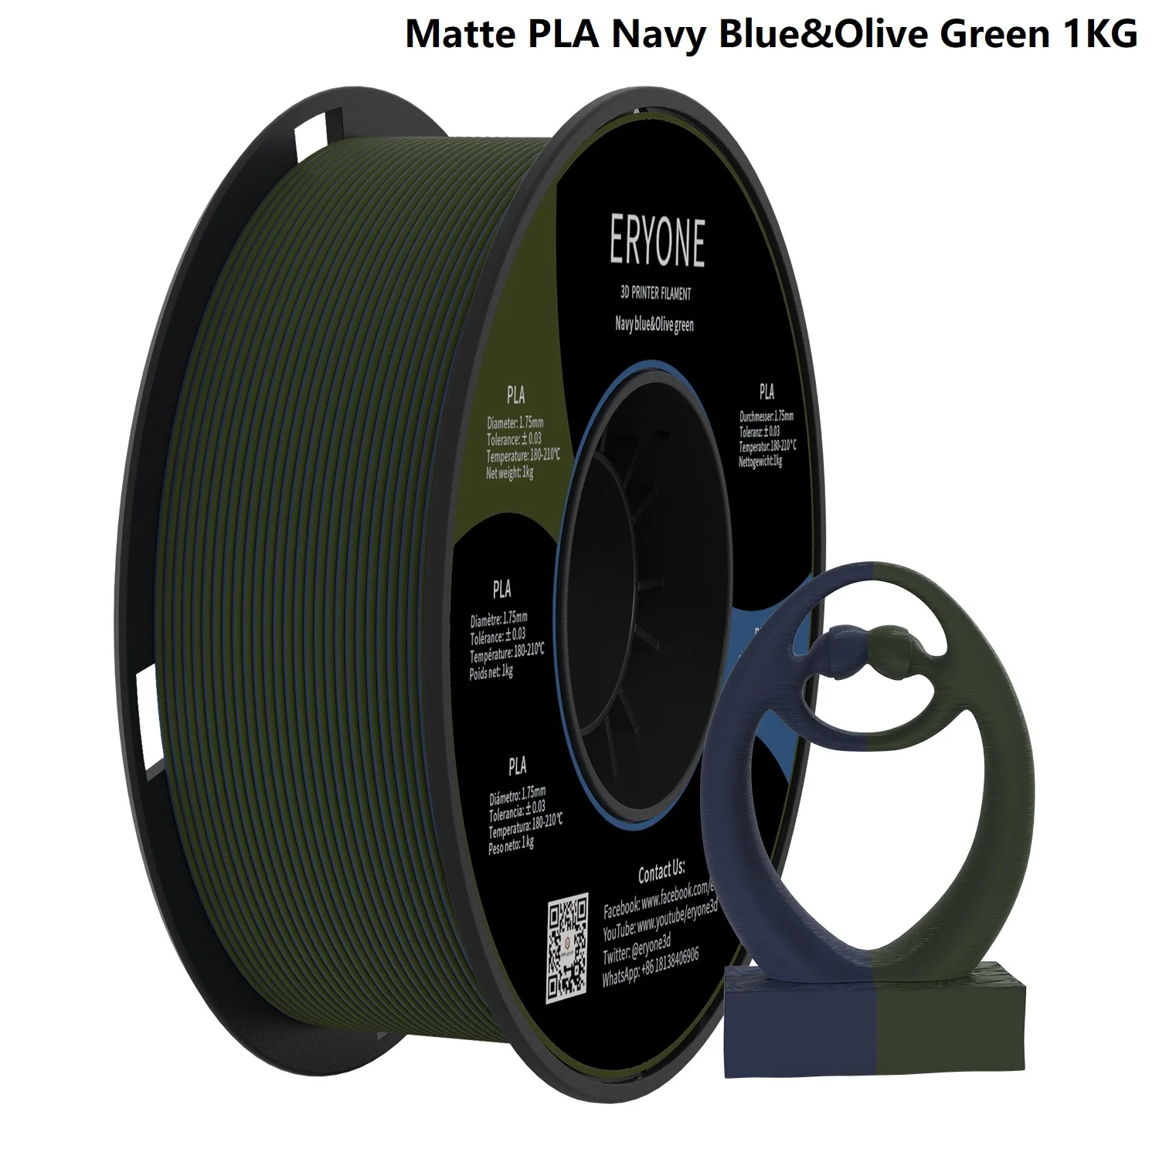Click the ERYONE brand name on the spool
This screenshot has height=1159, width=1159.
coord(657,242)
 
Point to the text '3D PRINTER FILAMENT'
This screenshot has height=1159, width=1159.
coord(655,294)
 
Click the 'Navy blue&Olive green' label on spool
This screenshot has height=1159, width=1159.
coord(654,325)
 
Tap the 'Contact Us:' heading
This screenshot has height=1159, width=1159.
coord(661,873)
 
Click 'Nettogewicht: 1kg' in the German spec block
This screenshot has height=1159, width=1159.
coord(760,461)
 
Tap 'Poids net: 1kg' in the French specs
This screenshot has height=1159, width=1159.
coord(491,672)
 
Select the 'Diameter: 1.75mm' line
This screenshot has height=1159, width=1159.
coord(515,423)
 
